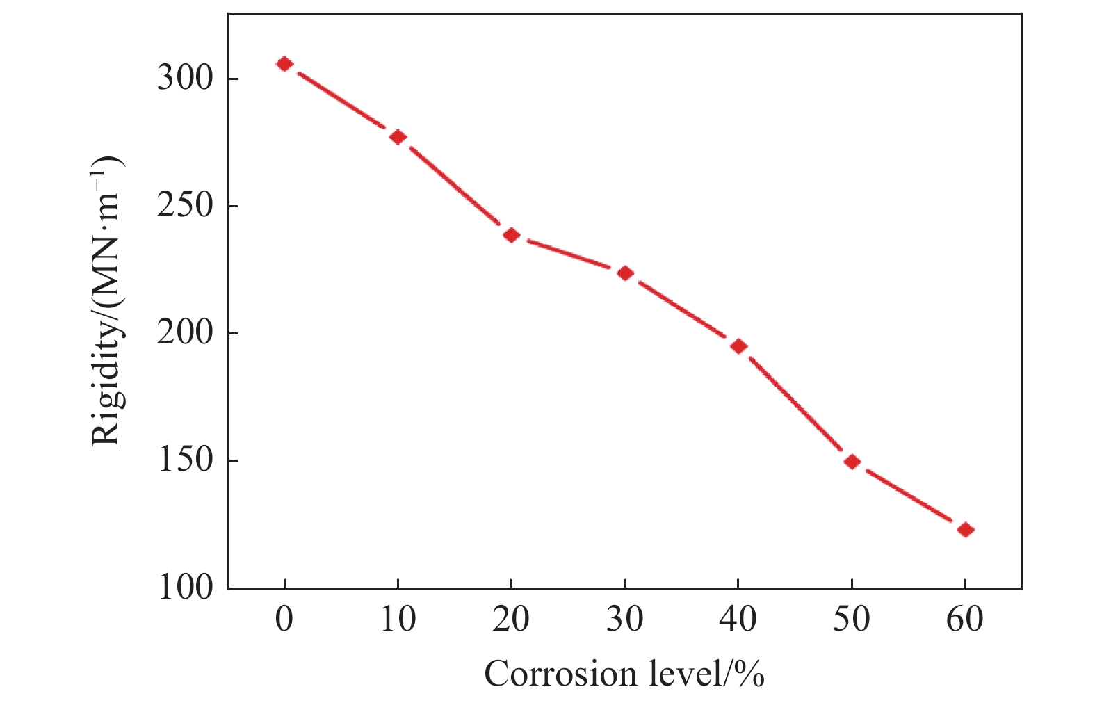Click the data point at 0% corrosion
pos(284,64)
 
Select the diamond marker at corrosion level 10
pos(398,137)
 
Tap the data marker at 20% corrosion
pos(512,235)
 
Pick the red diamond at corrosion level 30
pos(625,273)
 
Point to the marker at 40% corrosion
pos(738,346)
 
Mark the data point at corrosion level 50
pos(852,462)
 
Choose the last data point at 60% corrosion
pos(965,530)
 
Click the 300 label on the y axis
pos(184,78)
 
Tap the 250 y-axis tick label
pos(184,206)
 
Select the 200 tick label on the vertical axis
pos(184,333)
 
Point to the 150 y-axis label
pos(184,460)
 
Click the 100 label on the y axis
pos(184,588)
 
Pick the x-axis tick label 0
pos(284,619)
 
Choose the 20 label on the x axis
pos(512,619)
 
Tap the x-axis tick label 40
pos(738,619)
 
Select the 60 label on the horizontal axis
pos(965,619)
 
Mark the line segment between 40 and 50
pos(795,404)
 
